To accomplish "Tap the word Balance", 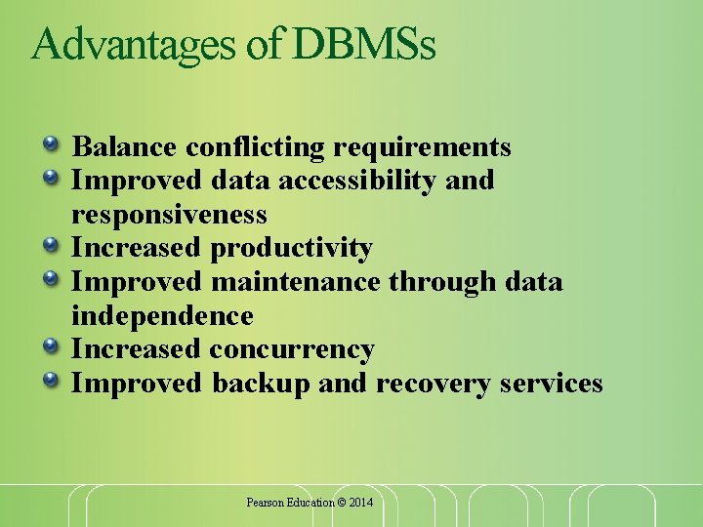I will (x=124, y=147).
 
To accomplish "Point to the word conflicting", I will (x=255, y=147).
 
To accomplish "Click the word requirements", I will (x=422, y=147).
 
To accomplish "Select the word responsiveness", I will (x=169, y=214).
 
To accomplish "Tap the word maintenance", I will (x=296, y=282).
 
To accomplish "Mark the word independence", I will (x=162, y=315).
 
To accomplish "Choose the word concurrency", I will (x=292, y=349).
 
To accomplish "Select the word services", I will (x=551, y=384).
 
